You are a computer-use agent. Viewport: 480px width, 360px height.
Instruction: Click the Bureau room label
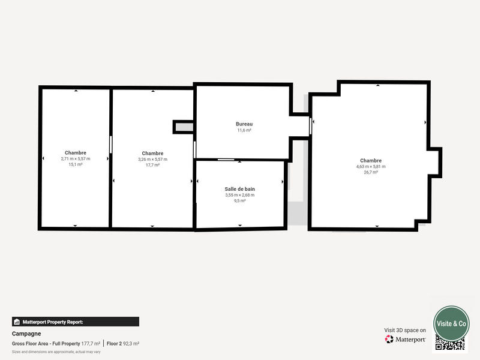click(x=244, y=124)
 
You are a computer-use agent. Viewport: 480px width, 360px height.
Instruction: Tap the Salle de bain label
click(x=239, y=189)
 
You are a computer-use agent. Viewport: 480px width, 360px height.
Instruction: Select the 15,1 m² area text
click(x=76, y=164)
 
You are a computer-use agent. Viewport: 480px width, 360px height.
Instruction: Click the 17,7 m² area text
click(x=152, y=165)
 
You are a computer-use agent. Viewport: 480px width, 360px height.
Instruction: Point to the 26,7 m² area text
click(x=371, y=172)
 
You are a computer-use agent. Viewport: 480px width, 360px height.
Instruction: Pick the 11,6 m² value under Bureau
click(x=244, y=130)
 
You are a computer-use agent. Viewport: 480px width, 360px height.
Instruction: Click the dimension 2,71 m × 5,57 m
click(x=76, y=159)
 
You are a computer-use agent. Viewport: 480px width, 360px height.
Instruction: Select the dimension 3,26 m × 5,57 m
click(x=152, y=160)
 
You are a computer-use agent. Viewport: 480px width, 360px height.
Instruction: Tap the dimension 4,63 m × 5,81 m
click(x=371, y=166)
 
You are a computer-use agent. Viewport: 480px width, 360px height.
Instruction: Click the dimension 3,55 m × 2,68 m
click(x=239, y=195)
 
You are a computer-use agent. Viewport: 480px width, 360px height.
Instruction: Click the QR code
click(x=450, y=344)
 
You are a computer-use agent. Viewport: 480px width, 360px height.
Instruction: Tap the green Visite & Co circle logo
click(x=451, y=323)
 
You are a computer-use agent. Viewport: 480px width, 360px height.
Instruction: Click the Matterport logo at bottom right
click(x=406, y=339)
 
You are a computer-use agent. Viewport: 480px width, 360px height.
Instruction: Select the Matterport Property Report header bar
click(x=76, y=322)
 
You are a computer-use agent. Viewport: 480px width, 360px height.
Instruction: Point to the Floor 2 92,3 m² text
click(x=123, y=343)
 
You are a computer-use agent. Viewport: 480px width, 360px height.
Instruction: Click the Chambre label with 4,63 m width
click(x=371, y=160)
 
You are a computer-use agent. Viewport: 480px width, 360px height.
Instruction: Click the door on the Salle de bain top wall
click(x=226, y=160)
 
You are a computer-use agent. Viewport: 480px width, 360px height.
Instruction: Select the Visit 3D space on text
click(x=405, y=330)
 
